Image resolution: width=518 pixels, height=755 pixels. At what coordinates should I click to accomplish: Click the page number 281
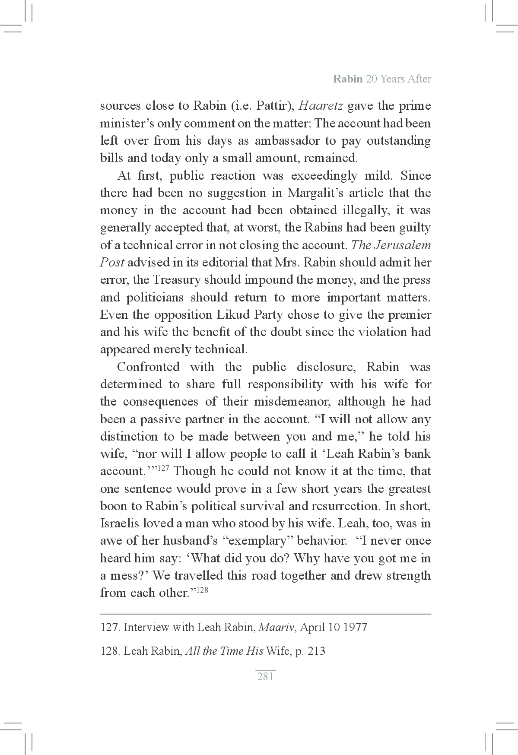(x=265, y=676)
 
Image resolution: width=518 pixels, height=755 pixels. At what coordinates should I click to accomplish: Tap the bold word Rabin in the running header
(x=348, y=79)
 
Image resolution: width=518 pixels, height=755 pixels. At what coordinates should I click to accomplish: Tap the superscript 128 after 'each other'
(x=203, y=590)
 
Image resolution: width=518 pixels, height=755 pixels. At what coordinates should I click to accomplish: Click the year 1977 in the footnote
(x=355, y=627)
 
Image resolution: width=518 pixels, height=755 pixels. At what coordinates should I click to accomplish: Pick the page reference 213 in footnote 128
(x=317, y=651)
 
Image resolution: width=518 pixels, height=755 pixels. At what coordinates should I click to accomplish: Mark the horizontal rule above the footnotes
(x=265, y=614)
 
